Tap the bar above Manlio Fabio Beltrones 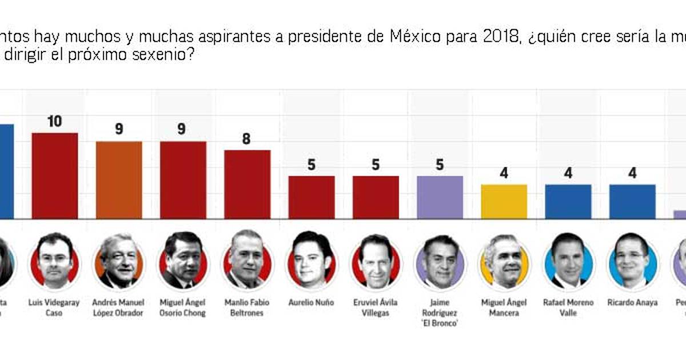point(247,185)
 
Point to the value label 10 point(55,122)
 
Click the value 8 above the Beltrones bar point(246,139)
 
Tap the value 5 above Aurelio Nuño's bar point(312,165)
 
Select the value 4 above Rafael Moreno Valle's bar point(568,173)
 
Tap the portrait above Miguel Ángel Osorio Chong point(183,260)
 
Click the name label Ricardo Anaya point(632,302)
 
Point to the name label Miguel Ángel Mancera point(504,307)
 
